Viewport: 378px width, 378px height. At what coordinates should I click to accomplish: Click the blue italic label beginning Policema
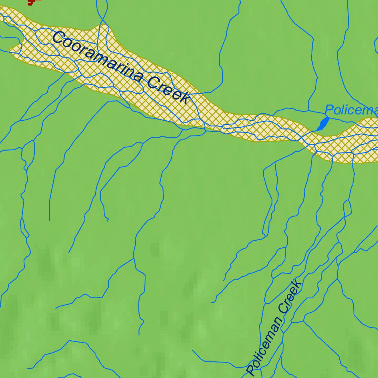click(351, 110)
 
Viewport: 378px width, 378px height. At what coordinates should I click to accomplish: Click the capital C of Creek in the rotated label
click(284, 309)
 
